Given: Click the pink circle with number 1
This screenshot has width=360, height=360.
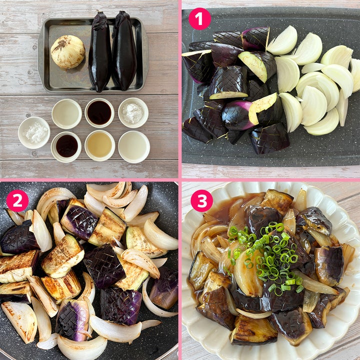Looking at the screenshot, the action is click(x=199, y=19).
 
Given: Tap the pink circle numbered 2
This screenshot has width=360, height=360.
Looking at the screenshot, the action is click(x=17, y=200).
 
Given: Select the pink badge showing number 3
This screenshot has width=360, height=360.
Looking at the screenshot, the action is click(x=202, y=200).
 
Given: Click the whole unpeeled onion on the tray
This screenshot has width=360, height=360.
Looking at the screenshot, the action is click(x=67, y=52).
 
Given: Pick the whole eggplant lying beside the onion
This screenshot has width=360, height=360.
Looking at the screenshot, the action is click(x=100, y=51).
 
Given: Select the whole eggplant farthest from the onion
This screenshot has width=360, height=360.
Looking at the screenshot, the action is click(x=124, y=51).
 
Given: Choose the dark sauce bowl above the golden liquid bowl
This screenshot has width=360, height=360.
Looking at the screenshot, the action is click(x=99, y=113).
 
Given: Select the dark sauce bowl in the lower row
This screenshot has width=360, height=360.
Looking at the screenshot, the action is click(x=66, y=147).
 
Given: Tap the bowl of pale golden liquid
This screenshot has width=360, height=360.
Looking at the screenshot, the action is click(x=100, y=145).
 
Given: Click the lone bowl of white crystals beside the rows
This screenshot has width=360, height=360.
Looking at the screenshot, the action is click(x=34, y=132).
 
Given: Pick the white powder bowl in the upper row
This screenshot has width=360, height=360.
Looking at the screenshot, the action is click(x=133, y=112).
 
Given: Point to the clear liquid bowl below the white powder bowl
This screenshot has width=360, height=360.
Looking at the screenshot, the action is click(x=134, y=147).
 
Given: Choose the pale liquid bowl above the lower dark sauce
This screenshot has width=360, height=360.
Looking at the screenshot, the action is click(x=66, y=114).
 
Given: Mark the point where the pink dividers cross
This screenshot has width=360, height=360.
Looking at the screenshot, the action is click(x=180, y=180).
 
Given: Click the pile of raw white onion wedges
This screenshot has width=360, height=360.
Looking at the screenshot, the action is click(x=314, y=80).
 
